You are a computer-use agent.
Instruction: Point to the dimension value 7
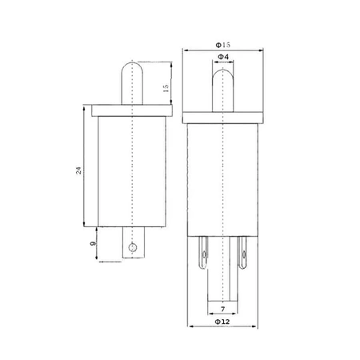pos(221,306)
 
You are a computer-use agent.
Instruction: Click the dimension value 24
pos(78,171)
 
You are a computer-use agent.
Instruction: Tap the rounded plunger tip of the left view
pos(130,68)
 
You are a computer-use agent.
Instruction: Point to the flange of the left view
pos(130,108)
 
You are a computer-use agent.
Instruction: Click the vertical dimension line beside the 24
pos(84,171)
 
